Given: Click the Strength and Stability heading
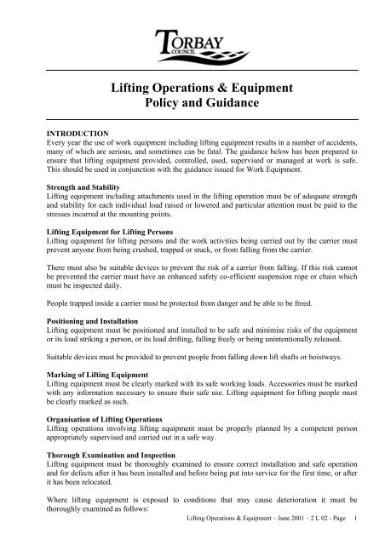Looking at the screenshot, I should pos(84,186).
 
